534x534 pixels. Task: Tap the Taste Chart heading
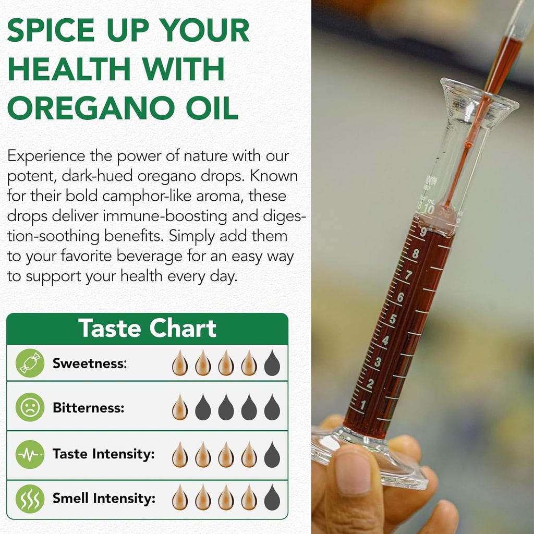tap(147, 329)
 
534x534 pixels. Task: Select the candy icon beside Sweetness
tap(30, 363)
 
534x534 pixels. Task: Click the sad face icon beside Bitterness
tap(30, 407)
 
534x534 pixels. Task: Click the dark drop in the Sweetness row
tap(272, 363)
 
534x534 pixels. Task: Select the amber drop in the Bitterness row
tap(180, 407)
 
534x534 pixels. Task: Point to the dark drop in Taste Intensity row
tap(272, 454)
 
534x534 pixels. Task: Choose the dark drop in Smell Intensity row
tap(272, 498)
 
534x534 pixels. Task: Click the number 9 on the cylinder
tap(423, 232)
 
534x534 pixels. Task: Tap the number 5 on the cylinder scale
tap(392, 319)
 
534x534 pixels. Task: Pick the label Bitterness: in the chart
tap(89, 408)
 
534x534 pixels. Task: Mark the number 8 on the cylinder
tap(416, 254)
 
